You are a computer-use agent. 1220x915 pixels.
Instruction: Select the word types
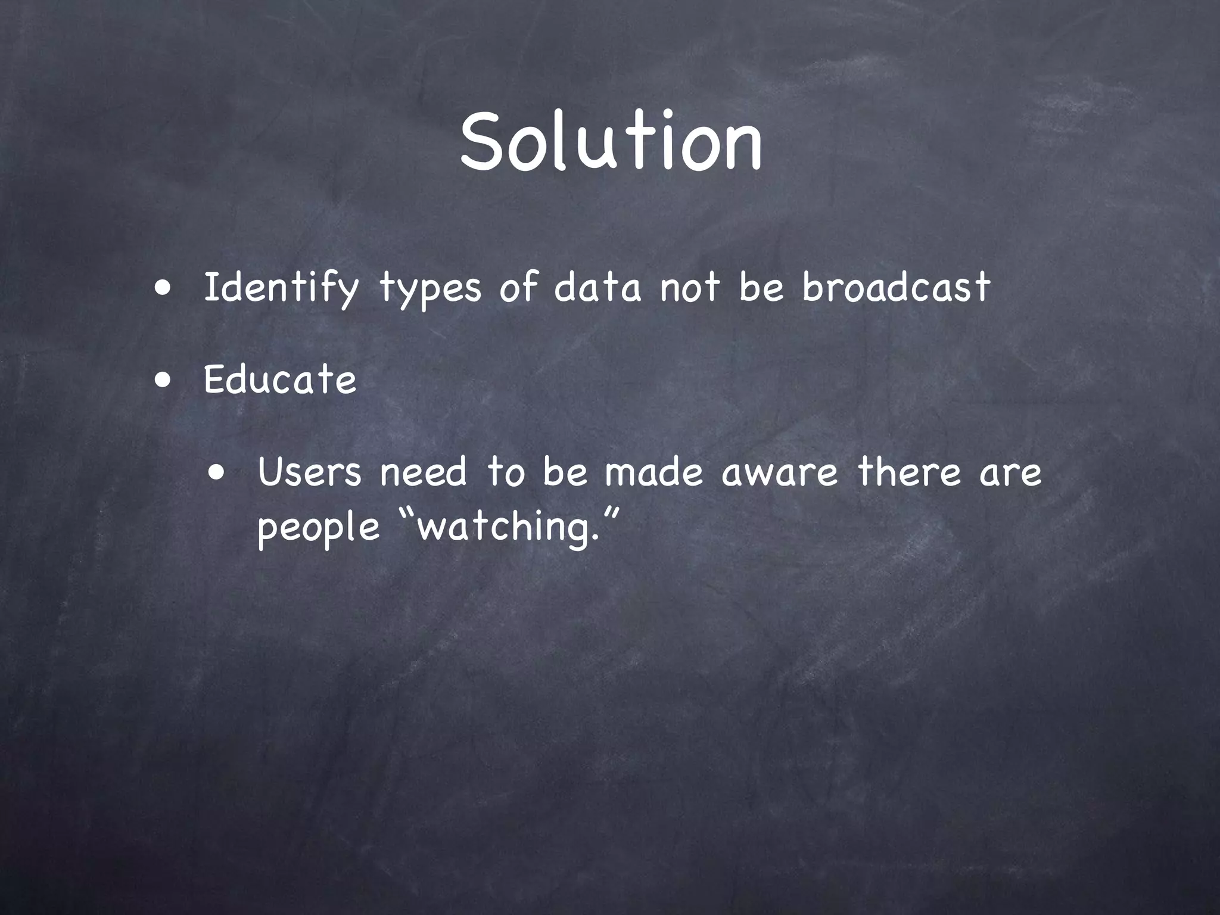[x=430, y=290]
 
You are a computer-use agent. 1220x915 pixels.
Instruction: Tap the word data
[x=597, y=287]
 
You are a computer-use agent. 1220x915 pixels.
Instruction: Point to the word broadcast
[x=896, y=287]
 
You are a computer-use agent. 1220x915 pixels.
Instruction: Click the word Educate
[x=280, y=379]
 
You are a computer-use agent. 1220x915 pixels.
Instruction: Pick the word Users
[x=310, y=472]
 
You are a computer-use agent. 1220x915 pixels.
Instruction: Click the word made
[x=653, y=472]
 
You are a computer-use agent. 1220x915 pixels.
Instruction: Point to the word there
[x=909, y=472]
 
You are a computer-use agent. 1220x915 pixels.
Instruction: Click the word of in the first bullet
[x=518, y=287]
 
